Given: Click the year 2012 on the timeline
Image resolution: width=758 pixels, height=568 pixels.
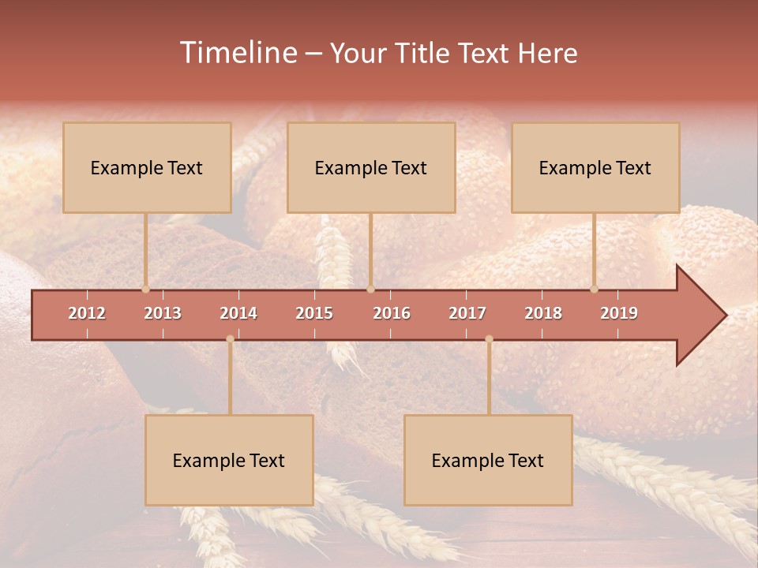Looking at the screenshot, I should pos(87,313).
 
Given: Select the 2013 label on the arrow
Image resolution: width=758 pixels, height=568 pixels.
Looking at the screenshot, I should pos(163,313).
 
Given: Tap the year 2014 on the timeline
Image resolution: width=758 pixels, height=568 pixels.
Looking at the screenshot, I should pos(238,313).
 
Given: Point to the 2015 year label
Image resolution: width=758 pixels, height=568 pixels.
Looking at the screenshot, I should pos(314,313).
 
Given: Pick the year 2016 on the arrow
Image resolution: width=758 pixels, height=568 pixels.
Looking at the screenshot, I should pos(392,313).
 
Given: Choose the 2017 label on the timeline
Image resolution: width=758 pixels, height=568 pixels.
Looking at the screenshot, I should pos(467,313).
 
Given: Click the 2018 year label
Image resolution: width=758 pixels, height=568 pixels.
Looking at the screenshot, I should pos(543,313).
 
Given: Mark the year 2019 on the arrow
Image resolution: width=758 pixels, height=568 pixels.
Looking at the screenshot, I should pos(619,313).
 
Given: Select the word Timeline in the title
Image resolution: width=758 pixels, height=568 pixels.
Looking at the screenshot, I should pos(237,53).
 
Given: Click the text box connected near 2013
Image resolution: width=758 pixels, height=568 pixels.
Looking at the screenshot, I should pos(147,167).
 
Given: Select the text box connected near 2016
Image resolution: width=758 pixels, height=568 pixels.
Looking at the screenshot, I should pos(371,167).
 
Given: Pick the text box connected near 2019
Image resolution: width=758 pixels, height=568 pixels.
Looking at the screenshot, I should pos(595,167).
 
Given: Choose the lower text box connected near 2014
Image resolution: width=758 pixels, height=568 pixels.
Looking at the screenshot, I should pos(229,460).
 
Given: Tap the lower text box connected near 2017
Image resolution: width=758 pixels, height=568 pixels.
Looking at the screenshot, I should pos(488,460).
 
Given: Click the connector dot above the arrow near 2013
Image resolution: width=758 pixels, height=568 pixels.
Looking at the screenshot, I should pos(145,289).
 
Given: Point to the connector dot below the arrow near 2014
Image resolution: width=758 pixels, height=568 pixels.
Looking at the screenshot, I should pos(230,339).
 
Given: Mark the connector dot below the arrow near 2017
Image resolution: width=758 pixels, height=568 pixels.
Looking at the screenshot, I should pos(489,339).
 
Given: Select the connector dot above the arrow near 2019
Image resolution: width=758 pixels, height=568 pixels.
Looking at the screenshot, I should pos(594,289).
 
